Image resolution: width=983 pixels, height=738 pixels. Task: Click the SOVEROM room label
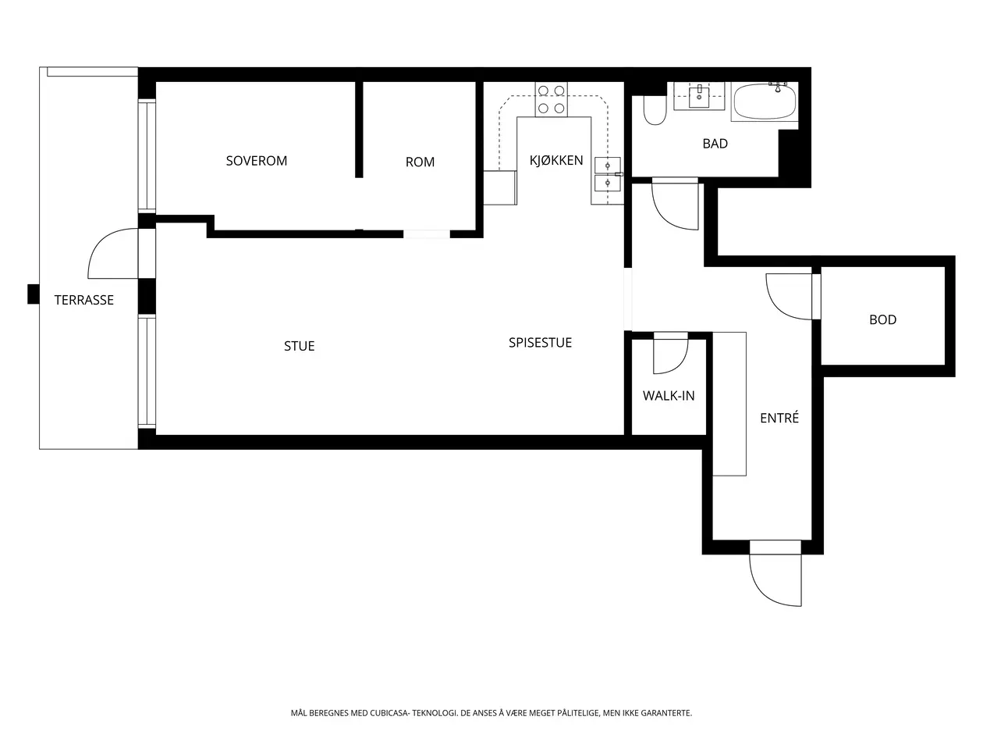256,161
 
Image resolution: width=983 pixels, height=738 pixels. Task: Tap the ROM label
420,162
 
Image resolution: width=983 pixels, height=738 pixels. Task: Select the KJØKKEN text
556,160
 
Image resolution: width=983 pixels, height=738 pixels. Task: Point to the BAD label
715,144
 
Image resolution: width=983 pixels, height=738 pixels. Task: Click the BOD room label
882,319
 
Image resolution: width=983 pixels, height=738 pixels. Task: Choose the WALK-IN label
669,396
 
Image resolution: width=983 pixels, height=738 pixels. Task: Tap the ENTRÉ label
779,417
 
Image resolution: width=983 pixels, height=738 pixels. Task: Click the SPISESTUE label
540,342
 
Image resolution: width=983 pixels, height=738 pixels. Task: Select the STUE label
299,346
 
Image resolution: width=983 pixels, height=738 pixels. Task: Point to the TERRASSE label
83,300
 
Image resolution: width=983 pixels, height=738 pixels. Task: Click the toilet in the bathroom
655,110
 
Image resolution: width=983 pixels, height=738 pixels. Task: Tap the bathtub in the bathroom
765,102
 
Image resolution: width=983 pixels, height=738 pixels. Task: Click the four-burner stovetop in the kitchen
551,99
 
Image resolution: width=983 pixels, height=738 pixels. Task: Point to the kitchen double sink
607,174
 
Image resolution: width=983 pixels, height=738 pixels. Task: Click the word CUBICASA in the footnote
389,712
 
